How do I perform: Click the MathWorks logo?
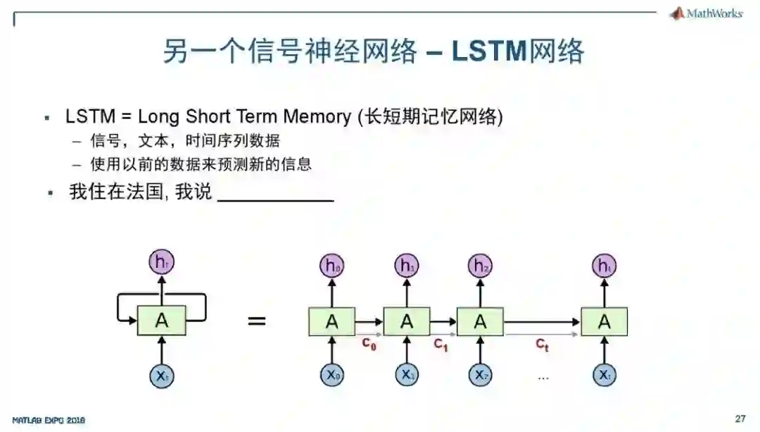coord(706,13)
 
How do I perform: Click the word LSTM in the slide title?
coord(488,51)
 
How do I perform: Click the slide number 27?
coord(740,419)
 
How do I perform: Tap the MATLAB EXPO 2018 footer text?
coord(49,420)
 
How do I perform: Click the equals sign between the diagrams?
coord(257,321)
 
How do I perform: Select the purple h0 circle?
coord(331,266)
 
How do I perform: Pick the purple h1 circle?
coord(406,266)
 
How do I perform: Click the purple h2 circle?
coord(480,266)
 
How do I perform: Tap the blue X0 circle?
coord(331,375)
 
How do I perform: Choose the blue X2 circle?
coord(480,375)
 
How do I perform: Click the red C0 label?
coord(369,345)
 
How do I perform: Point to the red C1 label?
coord(441,345)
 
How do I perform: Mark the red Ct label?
coord(542,345)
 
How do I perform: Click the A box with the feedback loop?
coord(161,321)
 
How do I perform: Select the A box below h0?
coord(331,321)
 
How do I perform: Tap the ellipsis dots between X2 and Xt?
coord(543,377)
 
